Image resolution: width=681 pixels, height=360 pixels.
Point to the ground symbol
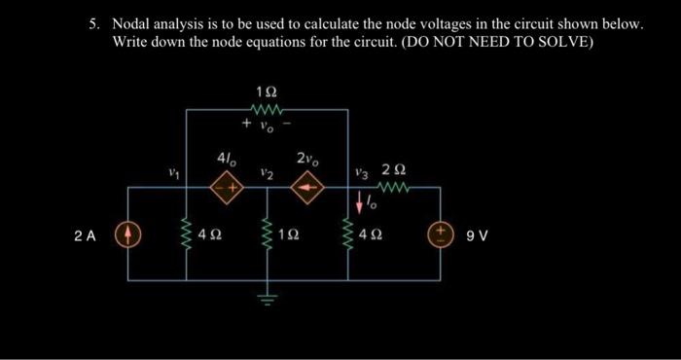266,297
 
